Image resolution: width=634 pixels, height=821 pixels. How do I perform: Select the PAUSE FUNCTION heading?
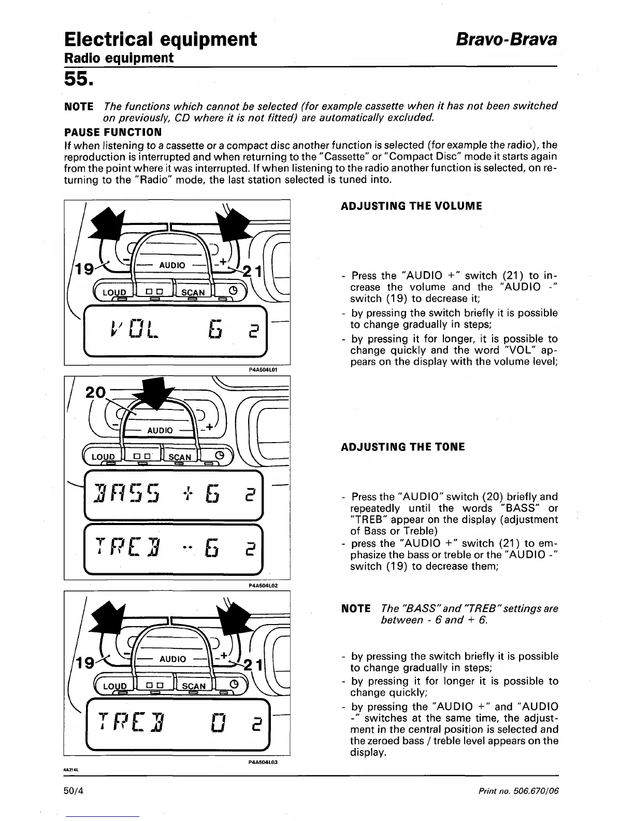pos(112,132)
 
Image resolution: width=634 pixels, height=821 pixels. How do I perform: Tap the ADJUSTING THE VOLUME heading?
pos(411,206)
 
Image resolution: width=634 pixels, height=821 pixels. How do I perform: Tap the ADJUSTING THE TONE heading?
pos(402,447)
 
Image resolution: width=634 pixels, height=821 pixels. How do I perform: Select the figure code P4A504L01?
pos(264,370)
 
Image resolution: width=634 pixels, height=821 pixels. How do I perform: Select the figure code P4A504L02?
pos(264,585)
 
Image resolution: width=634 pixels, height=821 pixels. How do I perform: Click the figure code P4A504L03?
pos(264,762)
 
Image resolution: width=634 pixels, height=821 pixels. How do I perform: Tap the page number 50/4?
pos(75,791)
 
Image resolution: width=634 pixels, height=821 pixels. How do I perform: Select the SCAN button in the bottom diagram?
pos(194,686)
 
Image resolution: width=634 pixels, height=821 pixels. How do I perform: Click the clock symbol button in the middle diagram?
pos(219,456)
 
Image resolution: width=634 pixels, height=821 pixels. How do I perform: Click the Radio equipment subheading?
pos(118,58)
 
